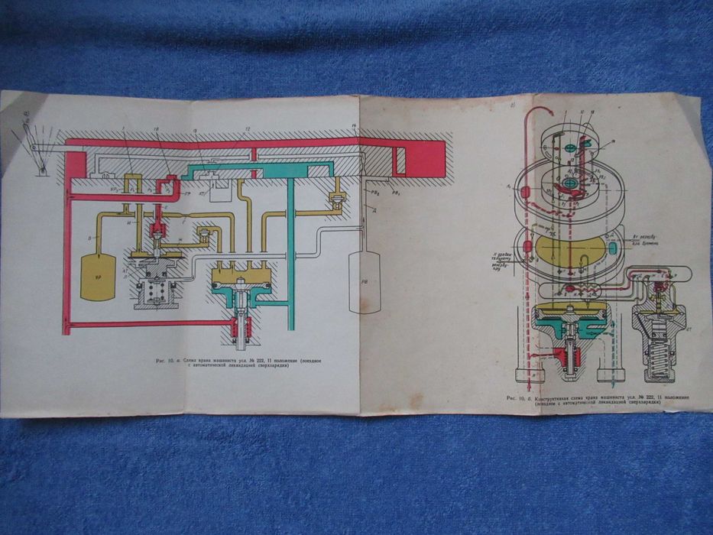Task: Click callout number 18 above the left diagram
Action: click(155, 130)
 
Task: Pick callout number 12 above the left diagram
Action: click(247, 130)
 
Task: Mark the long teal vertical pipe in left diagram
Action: click(291, 252)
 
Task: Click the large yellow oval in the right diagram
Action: click(566, 250)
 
